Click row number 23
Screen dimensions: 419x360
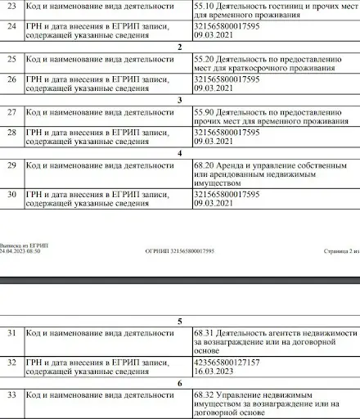click(x=11, y=6)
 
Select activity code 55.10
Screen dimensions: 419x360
click(x=205, y=6)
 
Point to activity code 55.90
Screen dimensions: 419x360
click(x=205, y=112)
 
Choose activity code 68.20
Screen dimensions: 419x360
click(x=205, y=164)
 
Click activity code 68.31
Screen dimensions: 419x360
click(x=205, y=333)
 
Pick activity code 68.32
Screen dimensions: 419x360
click(x=205, y=394)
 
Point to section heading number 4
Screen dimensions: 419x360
click(x=179, y=152)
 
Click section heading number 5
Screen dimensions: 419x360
click(x=179, y=322)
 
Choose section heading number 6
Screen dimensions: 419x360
click(x=179, y=382)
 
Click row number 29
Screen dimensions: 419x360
click(x=11, y=165)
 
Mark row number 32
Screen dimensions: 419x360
click(x=11, y=361)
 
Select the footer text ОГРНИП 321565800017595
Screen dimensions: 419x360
click(x=179, y=250)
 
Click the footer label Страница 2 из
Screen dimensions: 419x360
click(x=336, y=250)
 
